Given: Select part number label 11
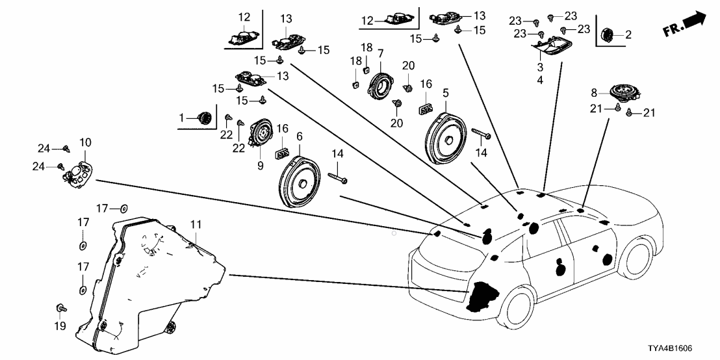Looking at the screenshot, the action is click(196, 225).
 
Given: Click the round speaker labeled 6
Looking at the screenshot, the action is click(300, 181).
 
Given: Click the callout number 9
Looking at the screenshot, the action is click(260, 166).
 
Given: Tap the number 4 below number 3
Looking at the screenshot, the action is click(540, 81).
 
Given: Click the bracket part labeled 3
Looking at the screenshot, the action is click(552, 47).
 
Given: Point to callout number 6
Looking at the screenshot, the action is click(300, 136).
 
